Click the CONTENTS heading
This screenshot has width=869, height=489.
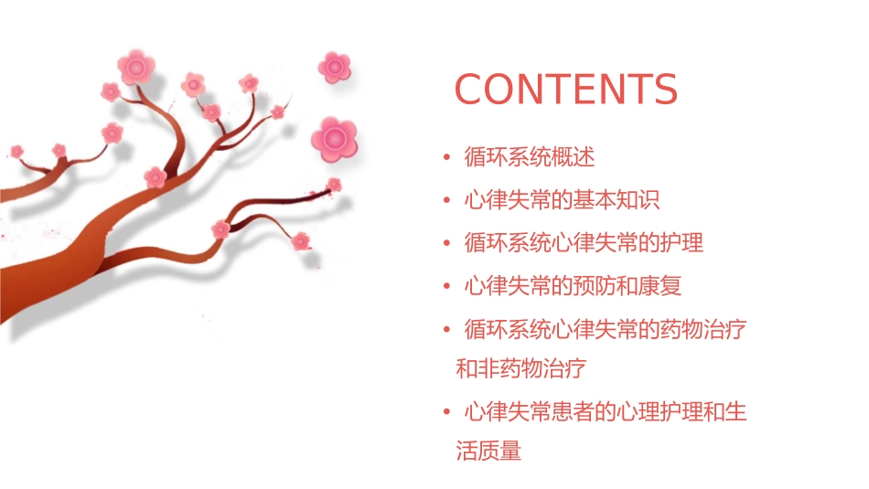coord(566,90)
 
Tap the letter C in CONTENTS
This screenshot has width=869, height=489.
coord(470,90)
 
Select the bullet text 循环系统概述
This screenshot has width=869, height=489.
coord(529,157)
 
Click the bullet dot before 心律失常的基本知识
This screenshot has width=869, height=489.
coord(445,201)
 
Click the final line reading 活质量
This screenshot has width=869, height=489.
coord(488,451)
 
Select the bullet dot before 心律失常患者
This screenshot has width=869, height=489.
coord(445,413)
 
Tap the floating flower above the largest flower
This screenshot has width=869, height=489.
coord(335,66)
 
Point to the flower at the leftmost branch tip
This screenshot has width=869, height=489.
coord(16,151)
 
